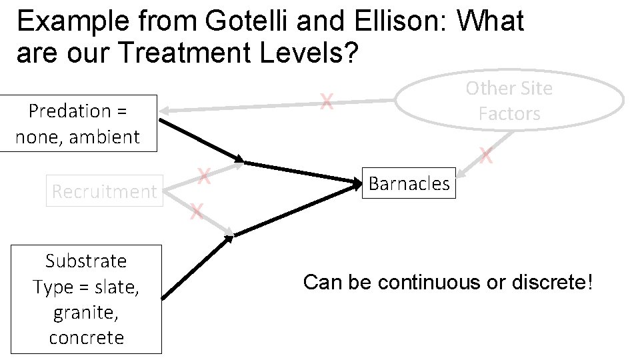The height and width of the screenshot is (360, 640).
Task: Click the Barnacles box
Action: (409, 183)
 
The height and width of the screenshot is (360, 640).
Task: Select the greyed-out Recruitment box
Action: (105, 191)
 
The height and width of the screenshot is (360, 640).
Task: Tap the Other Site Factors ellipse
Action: (509, 101)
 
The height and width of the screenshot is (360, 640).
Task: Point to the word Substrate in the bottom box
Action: (86, 261)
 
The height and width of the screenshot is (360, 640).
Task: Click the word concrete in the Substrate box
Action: (86, 337)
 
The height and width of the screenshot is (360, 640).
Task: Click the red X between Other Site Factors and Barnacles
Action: (486, 157)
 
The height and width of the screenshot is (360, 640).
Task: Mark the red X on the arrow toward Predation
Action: (326, 102)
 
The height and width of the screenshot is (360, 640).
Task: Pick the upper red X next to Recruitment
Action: (205, 177)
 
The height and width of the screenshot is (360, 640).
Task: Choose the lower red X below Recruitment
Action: (196, 213)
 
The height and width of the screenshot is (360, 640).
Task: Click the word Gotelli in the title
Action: (246, 22)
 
